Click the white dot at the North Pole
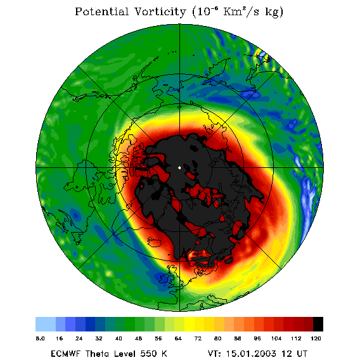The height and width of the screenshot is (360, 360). (179, 167)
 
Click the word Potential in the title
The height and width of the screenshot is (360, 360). (101, 11)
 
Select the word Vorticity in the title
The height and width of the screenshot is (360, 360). (160, 11)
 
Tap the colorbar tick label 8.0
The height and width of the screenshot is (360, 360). (40, 338)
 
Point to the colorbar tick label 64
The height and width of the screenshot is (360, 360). (178, 338)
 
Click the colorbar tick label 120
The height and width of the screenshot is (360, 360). (316, 338)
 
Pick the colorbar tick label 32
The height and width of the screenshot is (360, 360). (99, 338)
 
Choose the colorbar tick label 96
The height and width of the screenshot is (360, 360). (257, 338)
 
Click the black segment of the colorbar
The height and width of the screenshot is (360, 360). (318, 324)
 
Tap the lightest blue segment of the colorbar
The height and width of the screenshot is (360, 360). (46, 324)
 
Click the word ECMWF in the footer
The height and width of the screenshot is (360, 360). (66, 353)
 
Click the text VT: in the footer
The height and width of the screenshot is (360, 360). (214, 353)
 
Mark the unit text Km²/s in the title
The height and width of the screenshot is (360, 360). (241, 11)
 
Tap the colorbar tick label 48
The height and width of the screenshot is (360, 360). (138, 338)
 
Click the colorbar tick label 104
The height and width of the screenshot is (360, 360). (276, 338)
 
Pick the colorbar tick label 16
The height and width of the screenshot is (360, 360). (59, 338)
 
